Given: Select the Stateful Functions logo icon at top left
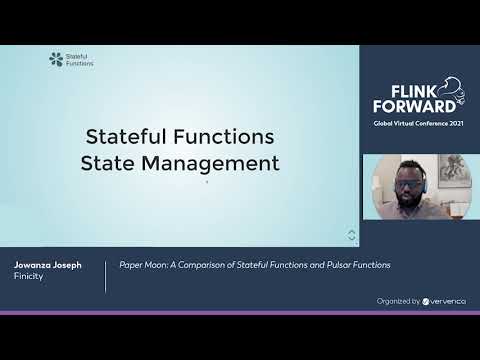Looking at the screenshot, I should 55,59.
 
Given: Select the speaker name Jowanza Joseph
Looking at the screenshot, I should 48,265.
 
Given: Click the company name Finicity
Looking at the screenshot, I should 29,277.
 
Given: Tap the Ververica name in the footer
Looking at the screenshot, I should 448,300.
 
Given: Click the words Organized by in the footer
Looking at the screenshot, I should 398,300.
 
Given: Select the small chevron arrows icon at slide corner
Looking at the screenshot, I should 351,235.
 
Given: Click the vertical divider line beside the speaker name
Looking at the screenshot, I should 106,276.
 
